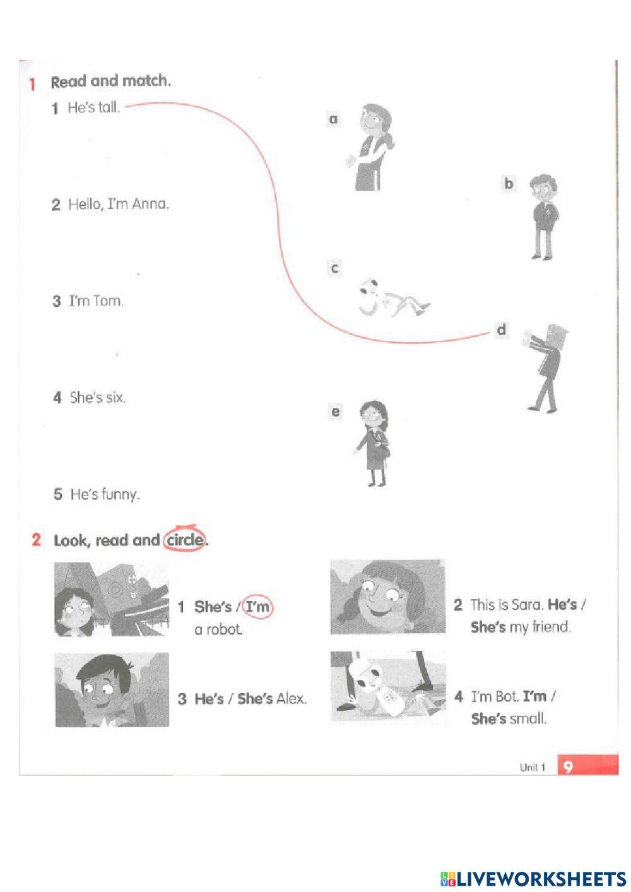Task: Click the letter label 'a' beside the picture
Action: [x=333, y=119]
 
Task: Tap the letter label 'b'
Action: [x=509, y=184]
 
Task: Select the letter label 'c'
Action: [x=334, y=268]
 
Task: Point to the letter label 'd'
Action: [x=501, y=330]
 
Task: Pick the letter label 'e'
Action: [x=336, y=412]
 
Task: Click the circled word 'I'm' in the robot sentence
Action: [x=257, y=607]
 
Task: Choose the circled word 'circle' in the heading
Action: [x=184, y=540]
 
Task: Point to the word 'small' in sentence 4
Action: [x=528, y=718]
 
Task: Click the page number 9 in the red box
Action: [x=568, y=766]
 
